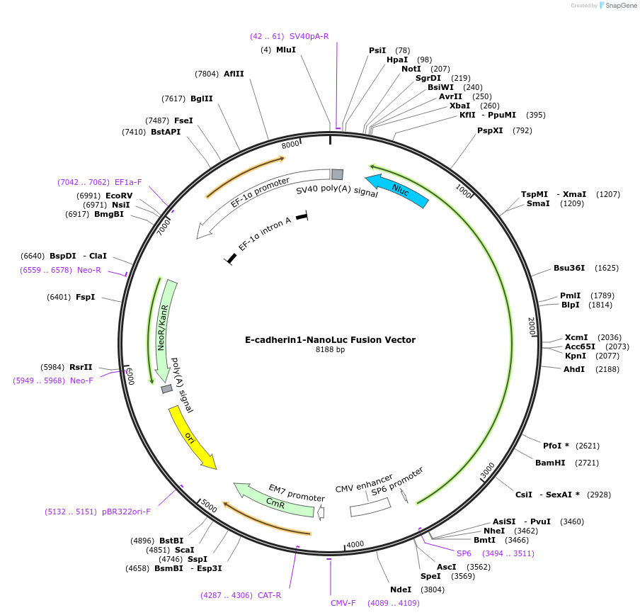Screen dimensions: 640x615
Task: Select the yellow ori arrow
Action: click(x=191, y=438)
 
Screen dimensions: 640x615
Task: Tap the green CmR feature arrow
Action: click(x=273, y=500)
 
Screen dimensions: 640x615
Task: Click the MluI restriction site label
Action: click(x=286, y=50)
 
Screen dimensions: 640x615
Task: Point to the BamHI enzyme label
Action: click(x=550, y=463)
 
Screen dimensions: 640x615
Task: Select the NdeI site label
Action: click(x=401, y=589)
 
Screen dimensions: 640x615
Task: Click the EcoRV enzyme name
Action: click(x=119, y=196)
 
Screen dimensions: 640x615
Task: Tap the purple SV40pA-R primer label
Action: click(x=309, y=36)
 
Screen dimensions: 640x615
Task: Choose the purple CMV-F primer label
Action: click(x=343, y=603)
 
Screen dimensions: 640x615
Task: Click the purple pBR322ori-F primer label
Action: click(x=126, y=512)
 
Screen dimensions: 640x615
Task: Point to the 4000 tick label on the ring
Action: click(x=355, y=544)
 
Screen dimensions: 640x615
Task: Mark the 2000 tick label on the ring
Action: click(x=532, y=326)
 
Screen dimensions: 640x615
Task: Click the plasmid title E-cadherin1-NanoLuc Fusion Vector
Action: click(x=330, y=340)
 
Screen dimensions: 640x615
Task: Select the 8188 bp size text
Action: click(x=330, y=349)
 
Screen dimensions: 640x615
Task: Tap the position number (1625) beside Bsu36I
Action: click(x=607, y=268)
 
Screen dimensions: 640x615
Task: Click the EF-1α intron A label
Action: click(x=265, y=234)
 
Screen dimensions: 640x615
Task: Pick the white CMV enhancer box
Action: click(x=370, y=507)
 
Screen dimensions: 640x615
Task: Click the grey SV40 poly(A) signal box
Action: click(x=337, y=174)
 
